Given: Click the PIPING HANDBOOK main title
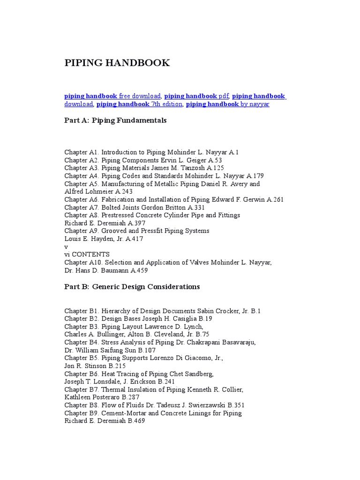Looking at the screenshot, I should pos(117,63).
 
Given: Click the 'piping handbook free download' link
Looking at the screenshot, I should pos(112,96).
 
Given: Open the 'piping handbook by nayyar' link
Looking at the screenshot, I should pos(227,104).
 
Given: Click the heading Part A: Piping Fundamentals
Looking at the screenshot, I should pos(115,120).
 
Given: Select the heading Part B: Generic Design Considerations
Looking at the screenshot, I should pos(132,286).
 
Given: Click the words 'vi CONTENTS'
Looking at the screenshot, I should pos(87,255).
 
